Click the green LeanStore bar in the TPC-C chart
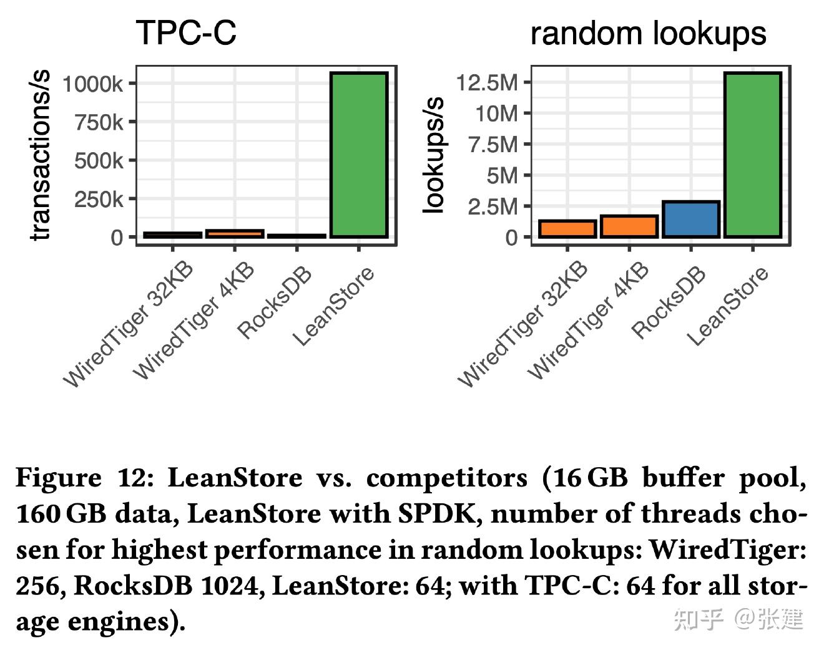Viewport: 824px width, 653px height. point(359,155)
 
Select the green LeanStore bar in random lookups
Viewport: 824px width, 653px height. point(753,155)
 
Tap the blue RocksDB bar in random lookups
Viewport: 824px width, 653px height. point(691,220)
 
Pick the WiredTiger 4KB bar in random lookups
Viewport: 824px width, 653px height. point(629,226)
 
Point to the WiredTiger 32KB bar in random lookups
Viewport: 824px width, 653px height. point(567,229)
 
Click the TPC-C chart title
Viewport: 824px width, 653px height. point(186,32)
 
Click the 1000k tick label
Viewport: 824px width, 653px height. point(92,84)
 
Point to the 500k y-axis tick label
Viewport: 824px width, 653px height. point(99,161)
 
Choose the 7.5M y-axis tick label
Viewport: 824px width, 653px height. point(493,145)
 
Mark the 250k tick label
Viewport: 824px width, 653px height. point(99,200)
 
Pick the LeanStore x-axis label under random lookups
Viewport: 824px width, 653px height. point(728,307)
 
